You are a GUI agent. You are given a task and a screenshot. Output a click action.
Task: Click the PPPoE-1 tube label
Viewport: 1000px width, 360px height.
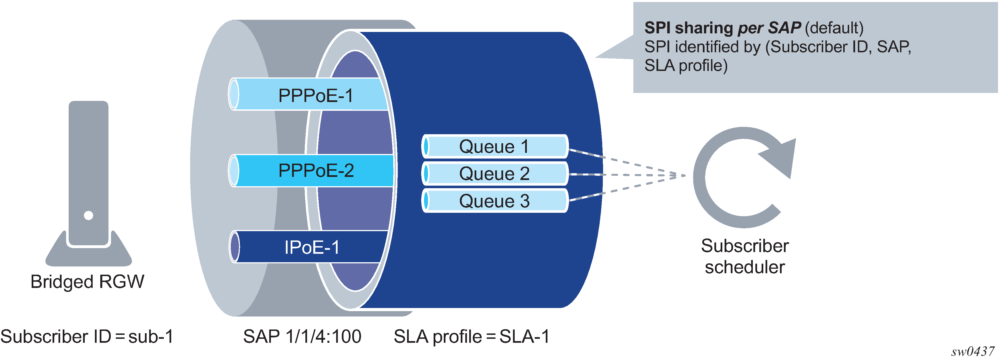coord(316,96)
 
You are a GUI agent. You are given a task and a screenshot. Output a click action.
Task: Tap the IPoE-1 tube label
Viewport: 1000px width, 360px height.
coord(312,247)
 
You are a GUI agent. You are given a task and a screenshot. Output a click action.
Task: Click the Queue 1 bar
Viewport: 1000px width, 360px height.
coord(494,146)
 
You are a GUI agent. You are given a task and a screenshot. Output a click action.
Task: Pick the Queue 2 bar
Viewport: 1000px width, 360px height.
coord(494,174)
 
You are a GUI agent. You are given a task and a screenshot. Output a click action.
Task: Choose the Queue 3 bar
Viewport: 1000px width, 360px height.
coord(494,201)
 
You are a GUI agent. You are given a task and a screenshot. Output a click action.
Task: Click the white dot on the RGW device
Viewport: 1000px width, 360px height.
coord(88,215)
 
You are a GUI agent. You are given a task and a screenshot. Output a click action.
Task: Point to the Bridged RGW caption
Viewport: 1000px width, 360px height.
coord(87,281)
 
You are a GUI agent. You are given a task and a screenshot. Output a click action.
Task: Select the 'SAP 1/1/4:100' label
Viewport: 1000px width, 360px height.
coord(302,336)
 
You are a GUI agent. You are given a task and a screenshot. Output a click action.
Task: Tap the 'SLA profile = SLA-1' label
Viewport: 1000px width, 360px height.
coord(472,336)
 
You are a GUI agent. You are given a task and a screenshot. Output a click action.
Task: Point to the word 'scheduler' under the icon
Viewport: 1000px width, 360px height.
coord(745,267)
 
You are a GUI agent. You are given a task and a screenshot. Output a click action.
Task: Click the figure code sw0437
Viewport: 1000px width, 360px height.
coord(972,351)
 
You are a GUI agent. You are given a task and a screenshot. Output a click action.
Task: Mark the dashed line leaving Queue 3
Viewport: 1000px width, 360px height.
coord(625,189)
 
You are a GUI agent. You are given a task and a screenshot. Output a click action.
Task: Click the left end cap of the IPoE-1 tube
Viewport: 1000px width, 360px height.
coord(234,247)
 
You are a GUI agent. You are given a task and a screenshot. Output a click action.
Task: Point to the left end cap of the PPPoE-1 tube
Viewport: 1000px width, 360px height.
coord(234,94)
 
